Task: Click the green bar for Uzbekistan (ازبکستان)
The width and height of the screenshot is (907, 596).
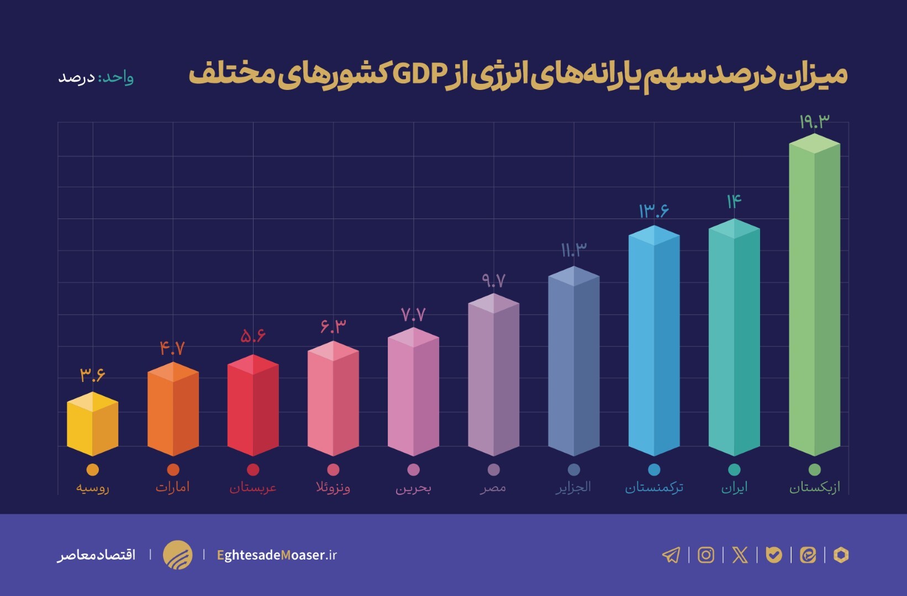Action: coord(814,298)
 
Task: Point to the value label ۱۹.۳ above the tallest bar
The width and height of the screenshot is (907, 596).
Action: coord(814,121)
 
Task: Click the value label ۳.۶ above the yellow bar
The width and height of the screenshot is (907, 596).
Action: coord(92,375)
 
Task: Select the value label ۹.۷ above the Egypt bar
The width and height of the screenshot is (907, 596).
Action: coord(493,281)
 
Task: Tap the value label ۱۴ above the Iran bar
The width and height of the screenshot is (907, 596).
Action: coord(734,201)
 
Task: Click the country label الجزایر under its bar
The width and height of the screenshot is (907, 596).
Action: coord(573,487)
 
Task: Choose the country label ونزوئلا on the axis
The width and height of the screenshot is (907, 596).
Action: coord(333,487)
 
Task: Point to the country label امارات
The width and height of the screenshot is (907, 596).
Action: coord(172,487)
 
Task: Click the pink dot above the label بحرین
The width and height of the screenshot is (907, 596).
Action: coord(413,470)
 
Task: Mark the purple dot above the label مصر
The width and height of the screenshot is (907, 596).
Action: coord(493,470)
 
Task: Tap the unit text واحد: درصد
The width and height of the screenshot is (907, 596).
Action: coord(96,77)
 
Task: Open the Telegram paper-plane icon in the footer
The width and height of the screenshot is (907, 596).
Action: coord(671,555)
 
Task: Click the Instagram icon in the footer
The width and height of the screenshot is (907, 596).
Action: coord(705,555)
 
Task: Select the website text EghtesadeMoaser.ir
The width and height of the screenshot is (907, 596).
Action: coord(277,555)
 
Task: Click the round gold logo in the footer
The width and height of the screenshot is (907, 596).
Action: coord(177,555)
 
